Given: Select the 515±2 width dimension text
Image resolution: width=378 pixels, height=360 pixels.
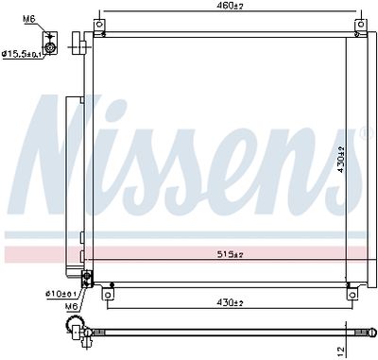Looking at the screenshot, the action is tap(231, 254).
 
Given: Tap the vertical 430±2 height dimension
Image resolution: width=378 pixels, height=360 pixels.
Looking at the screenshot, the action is tap(341, 160).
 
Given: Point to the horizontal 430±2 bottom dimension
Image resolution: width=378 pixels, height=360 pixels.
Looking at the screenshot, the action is tap(231, 302).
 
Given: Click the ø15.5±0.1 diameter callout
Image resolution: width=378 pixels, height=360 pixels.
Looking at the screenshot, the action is tap(21, 54).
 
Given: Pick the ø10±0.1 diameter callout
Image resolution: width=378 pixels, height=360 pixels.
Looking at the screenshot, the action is tap(60, 294).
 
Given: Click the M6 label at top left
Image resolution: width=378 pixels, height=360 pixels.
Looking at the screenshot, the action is tap(28, 19).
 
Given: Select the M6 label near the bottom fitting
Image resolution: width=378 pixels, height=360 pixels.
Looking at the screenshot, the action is tap(71, 306).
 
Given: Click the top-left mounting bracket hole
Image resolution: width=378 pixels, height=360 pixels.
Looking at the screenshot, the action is tap(99, 25).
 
